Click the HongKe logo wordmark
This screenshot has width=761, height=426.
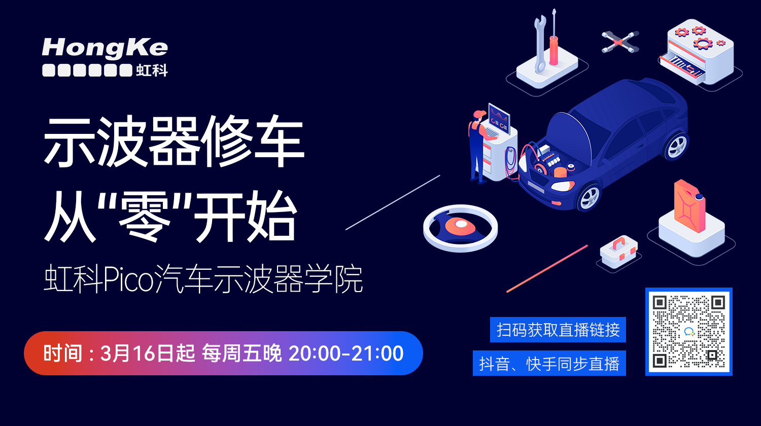coord(105,48)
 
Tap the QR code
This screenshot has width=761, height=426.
coord(688,332)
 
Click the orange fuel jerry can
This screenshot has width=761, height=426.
coord(689,206)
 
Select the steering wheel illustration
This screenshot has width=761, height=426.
coord(460,228)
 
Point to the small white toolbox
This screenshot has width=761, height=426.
coord(618,252)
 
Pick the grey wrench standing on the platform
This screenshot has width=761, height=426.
coord(540,44)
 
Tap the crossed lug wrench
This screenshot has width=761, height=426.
coord(620,42)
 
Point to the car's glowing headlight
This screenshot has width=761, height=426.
coord(563,186)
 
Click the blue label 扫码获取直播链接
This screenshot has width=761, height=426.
coord(558,330)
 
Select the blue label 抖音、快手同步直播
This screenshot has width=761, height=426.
coord(549,363)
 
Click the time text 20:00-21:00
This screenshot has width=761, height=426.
coord(346,353)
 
